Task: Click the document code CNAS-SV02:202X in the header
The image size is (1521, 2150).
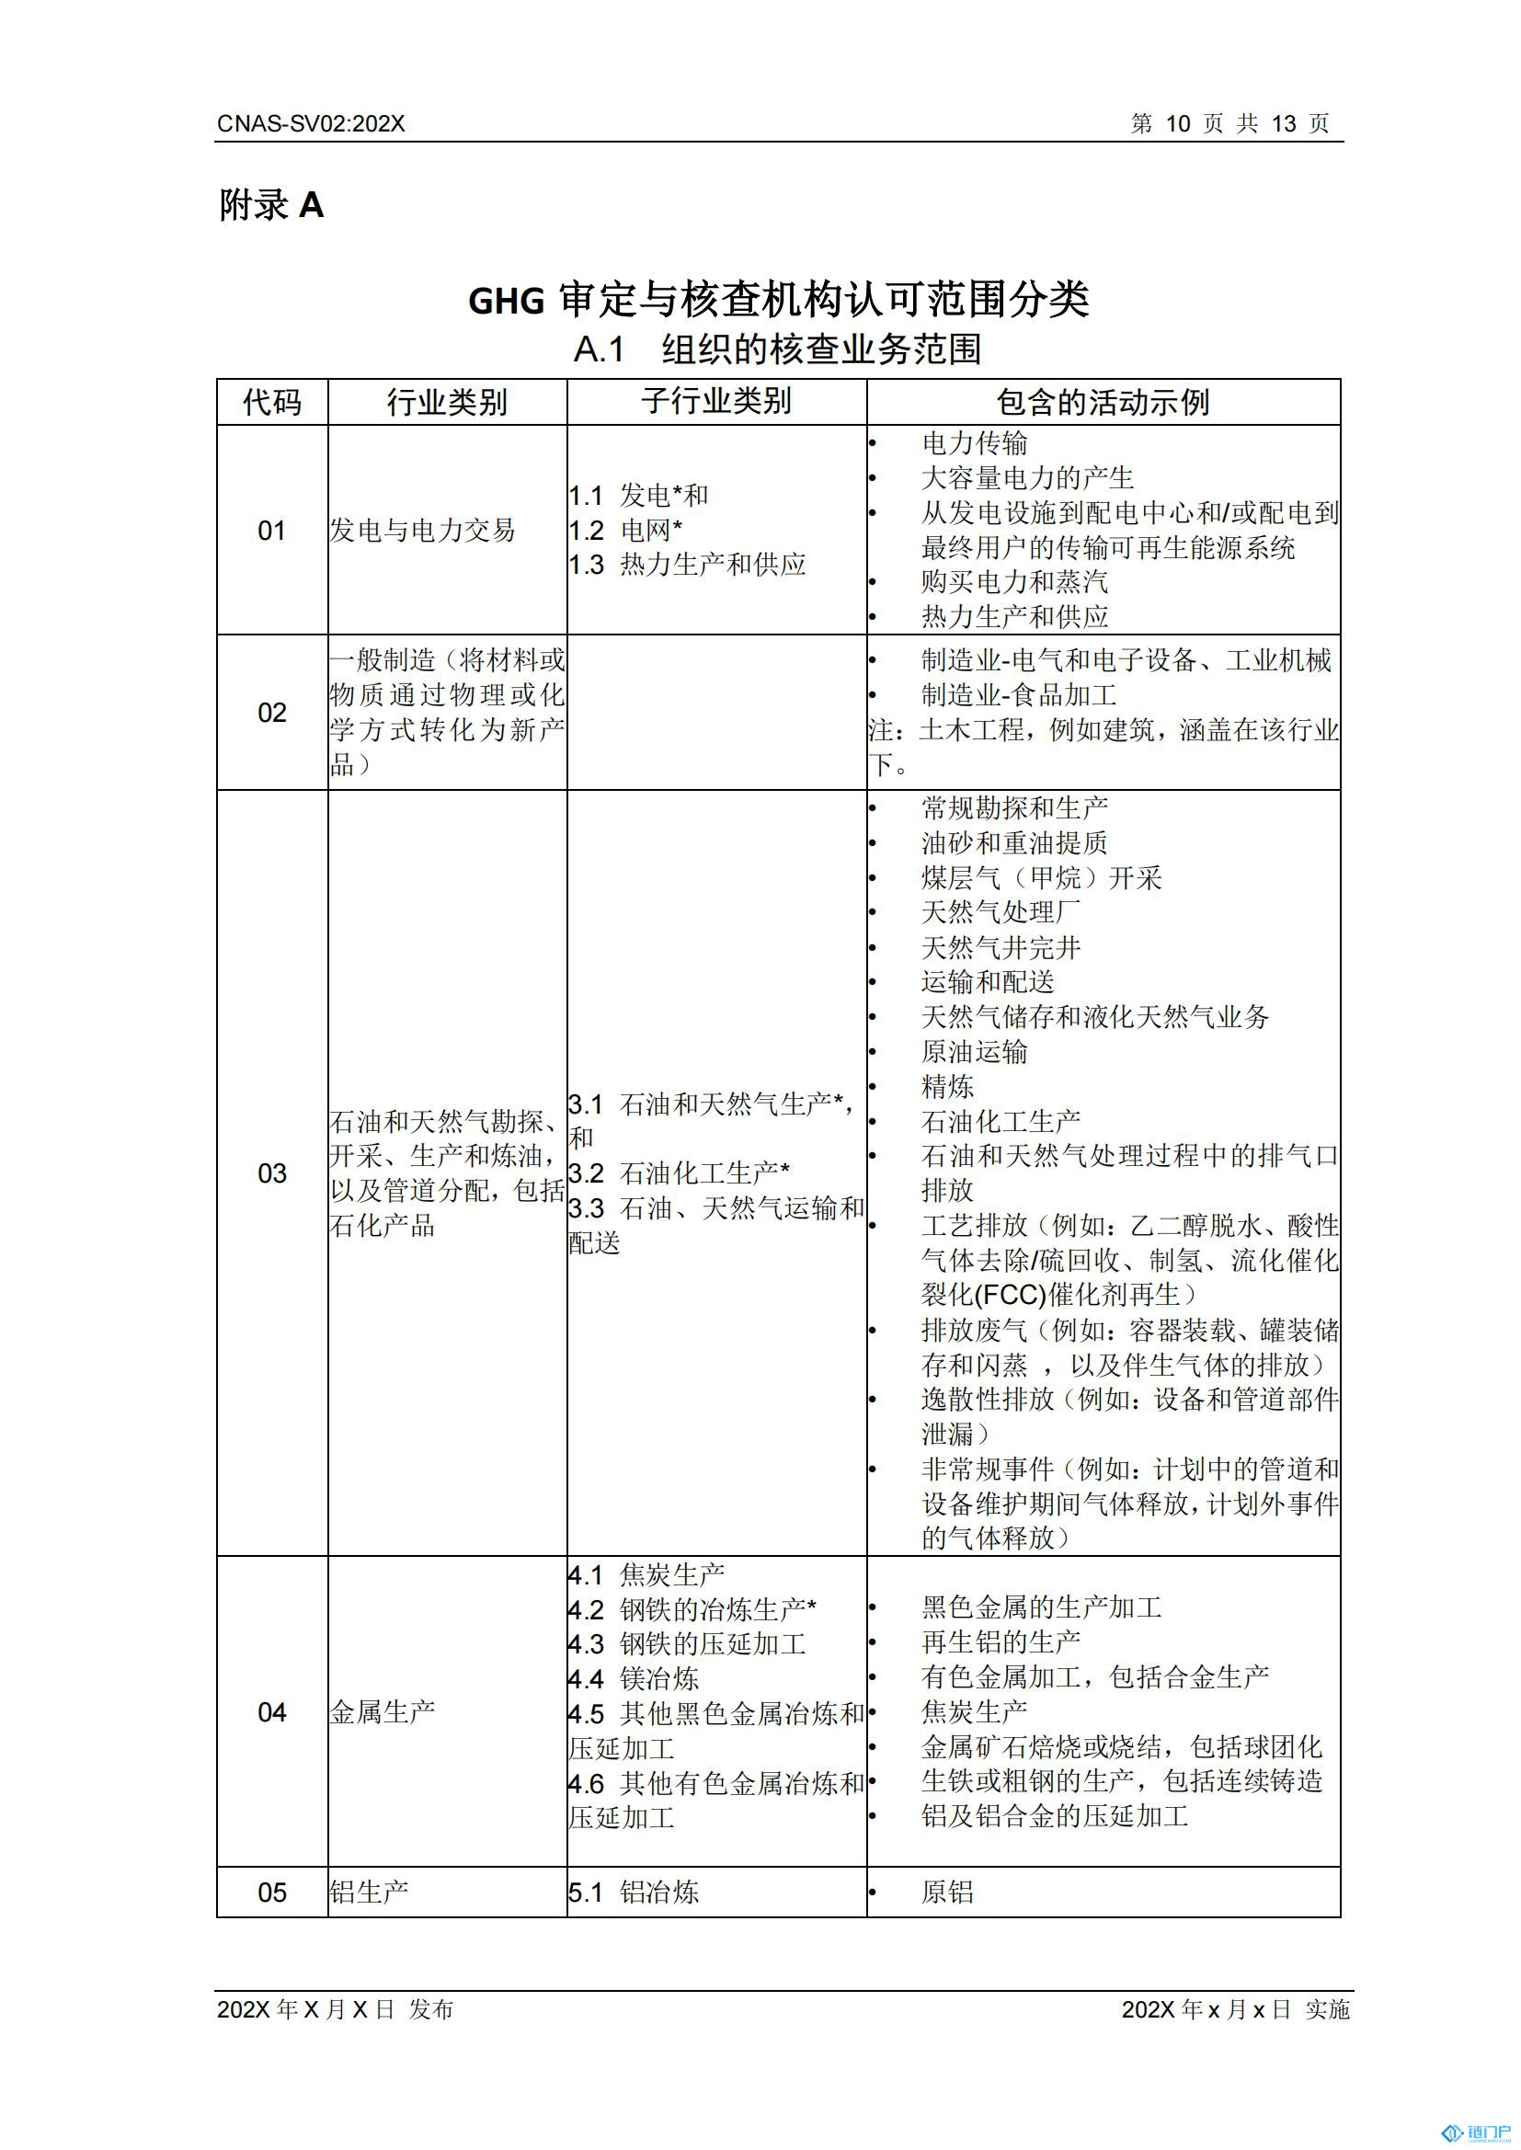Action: click(311, 123)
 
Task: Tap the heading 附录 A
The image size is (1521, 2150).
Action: click(271, 205)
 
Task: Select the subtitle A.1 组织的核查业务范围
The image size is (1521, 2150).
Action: click(777, 349)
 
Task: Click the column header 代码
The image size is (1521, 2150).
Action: click(271, 403)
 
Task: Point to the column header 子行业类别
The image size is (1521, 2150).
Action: click(716, 401)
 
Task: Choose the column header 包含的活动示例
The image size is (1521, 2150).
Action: click(1103, 403)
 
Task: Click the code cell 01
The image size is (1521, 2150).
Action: click(271, 531)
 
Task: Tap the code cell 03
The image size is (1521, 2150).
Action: click(271, 1173)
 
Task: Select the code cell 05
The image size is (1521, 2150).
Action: click(271, 1893)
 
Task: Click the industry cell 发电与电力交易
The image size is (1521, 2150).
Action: click(422, 531)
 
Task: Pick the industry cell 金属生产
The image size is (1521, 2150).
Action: click(383, 1712)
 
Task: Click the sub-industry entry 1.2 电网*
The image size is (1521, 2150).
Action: click(625, 531)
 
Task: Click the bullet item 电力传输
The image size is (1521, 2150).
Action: click(974, 443)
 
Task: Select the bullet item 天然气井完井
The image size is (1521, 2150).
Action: click(1001, 948)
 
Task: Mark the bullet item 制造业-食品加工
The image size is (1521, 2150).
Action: click(1018, 695)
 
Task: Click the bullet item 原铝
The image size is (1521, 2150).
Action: click(947, 1893)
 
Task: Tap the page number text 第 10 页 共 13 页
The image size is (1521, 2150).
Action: click(1229, 123)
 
